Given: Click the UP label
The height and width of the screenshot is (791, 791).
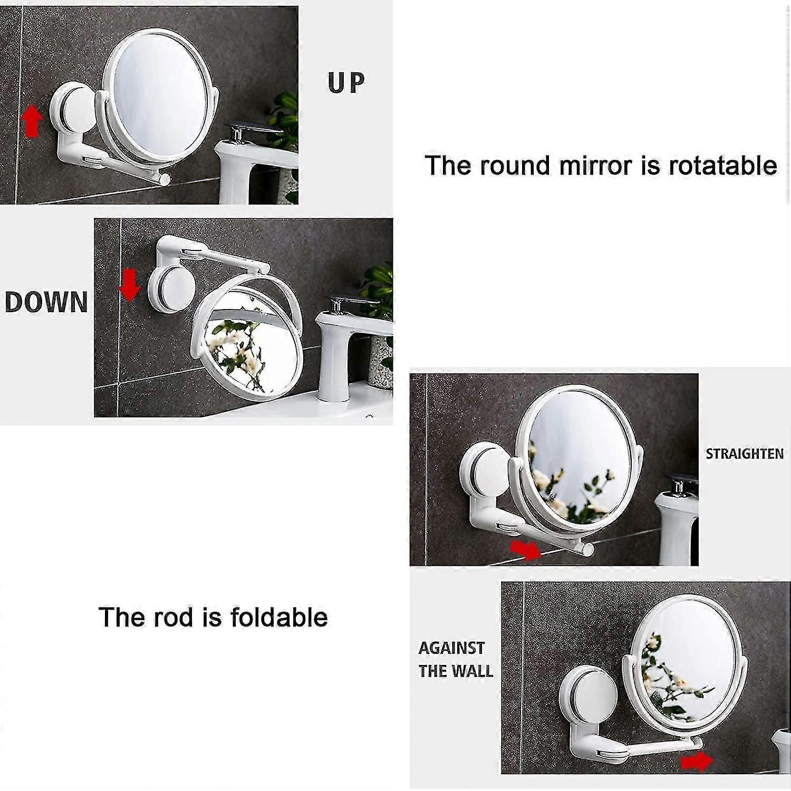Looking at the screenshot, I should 346,83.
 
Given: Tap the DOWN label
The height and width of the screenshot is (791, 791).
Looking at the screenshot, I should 46,302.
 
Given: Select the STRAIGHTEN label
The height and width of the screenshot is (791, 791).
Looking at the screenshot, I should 744,454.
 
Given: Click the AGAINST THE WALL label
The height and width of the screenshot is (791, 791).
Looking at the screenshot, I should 456,659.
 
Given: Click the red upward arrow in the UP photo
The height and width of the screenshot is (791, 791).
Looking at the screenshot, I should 32,120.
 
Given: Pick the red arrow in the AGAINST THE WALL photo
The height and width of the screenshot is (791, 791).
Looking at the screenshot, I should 694,761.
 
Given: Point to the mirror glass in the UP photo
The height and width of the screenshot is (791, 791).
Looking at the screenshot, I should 158,94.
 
